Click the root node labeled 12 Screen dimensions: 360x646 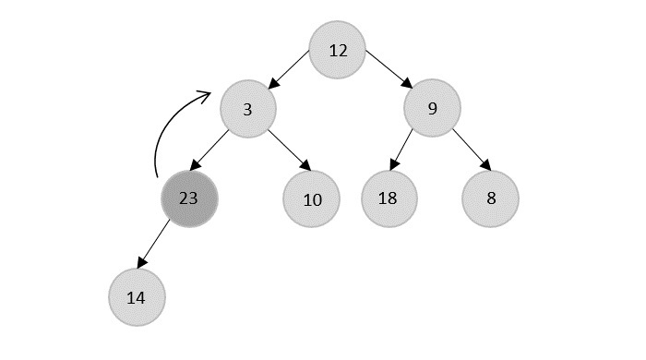338,50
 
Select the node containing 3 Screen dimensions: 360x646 248,110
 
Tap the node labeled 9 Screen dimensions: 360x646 432,110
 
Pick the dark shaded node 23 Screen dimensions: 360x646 189,198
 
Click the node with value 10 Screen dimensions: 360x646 312,198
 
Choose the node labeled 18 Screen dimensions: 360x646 389,198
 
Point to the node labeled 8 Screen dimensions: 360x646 490,198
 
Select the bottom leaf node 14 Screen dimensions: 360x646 137,297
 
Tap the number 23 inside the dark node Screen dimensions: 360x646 189,198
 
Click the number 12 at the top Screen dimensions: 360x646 338,50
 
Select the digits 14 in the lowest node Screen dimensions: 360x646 137,297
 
